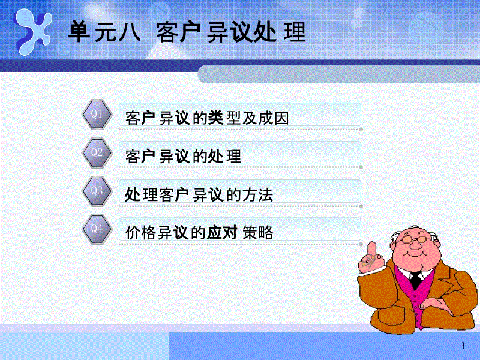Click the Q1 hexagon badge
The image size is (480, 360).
click(97, 114)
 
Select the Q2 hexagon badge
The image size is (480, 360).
click(97, 153)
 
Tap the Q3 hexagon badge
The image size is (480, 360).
click(97, 191)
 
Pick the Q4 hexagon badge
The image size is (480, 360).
click(97, 229)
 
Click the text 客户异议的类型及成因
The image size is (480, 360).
click(207, 118)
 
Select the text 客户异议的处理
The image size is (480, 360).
click(183, 157)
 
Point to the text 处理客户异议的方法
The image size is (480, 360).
click(199, 194)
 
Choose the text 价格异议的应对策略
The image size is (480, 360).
click(199, 233)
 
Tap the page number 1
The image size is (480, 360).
click(463, 346)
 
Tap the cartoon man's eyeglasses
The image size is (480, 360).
click(414, 240)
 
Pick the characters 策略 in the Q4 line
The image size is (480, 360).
click(258, 233)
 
